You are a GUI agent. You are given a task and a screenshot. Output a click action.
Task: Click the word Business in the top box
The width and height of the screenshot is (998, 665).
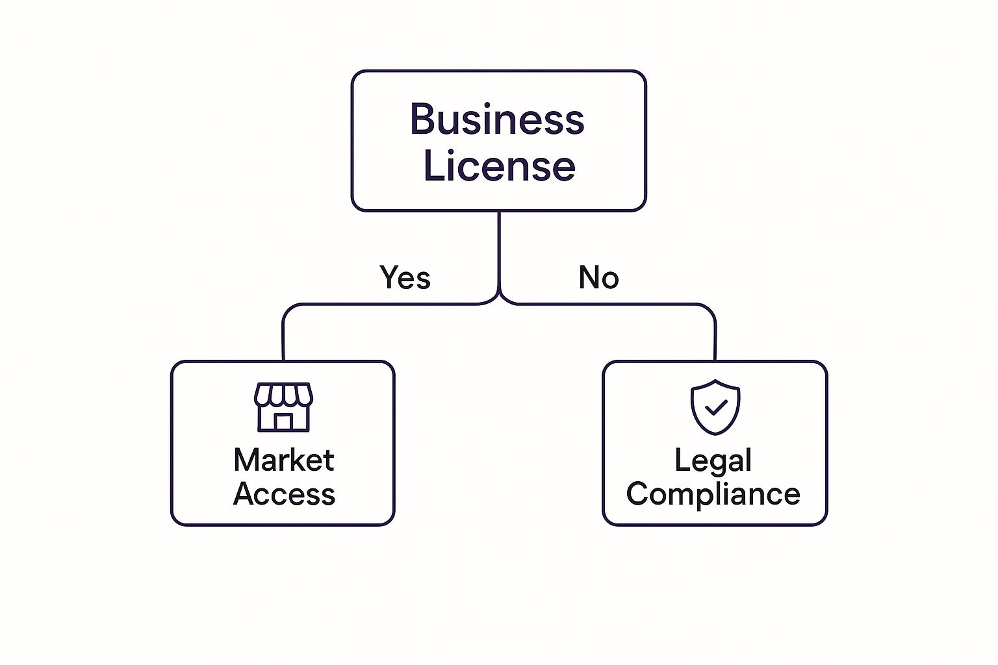[x=497, y=119]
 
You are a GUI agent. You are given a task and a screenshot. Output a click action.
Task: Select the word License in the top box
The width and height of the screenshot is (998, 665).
[x=499, y=166]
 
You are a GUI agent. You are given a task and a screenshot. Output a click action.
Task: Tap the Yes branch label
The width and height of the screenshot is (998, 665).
[x=405, y=277]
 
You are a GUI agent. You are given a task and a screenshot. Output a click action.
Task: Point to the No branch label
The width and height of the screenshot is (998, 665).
[x=598, y=277]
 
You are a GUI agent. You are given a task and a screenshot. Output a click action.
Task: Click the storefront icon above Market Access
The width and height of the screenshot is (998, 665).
[x=283, y=407]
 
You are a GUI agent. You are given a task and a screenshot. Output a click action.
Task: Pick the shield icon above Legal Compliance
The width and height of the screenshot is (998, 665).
[x=715, y=407]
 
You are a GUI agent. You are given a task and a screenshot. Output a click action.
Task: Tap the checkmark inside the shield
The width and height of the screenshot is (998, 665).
[x=715, y=408]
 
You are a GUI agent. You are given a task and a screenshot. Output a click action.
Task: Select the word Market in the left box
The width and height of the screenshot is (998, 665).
[x=283, y=460]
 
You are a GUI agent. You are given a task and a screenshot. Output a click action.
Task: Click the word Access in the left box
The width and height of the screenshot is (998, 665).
[x=284, y=494]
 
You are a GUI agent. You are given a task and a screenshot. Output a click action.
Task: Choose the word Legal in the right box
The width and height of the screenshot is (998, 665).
[x=713, y=460]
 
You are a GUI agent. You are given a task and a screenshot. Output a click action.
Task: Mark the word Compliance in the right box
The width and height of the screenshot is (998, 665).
[x=713, y=494]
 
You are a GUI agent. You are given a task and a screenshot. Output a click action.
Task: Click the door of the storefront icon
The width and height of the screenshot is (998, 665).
[x=283, y=422]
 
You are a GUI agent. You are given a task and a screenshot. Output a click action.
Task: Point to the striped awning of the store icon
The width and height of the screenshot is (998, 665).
[x=283, y=394]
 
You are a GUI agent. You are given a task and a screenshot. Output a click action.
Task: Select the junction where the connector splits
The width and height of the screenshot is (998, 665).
[x=499, y=299]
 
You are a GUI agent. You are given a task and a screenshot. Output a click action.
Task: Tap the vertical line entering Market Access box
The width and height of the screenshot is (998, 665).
[x=283, y=338]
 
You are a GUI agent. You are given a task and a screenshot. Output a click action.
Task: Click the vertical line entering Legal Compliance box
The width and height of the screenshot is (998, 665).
[x=715, y=338]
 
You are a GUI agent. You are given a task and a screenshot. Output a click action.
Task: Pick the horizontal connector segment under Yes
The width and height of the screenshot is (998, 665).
[x=390, y=304]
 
